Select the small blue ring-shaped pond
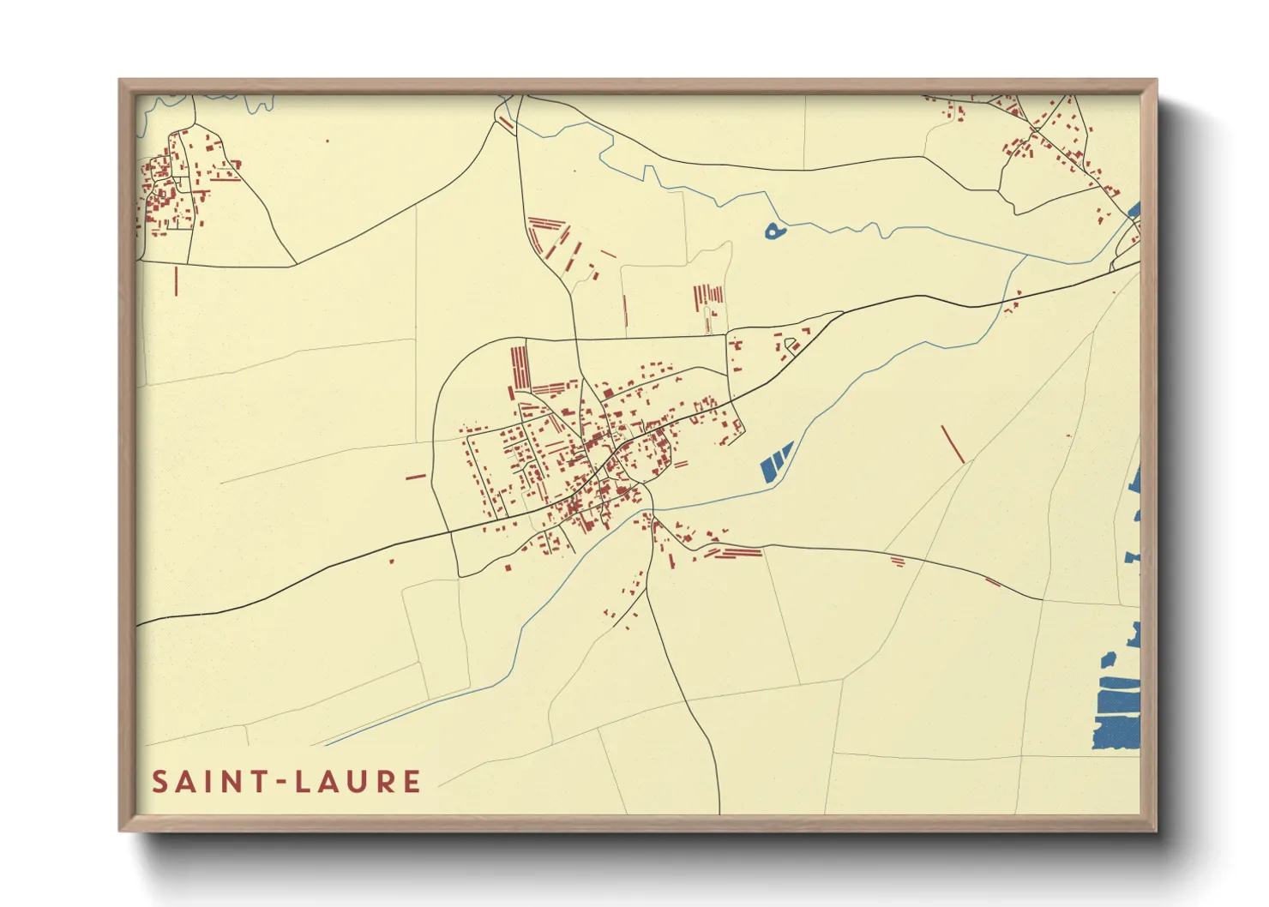pyautogui.click(x=774, y=231)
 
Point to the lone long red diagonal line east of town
pyautogui.click(x=952, y=444)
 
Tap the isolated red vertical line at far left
pyautogui.click(x=176, y=281)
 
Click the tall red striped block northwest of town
pyautogui.click(x=520, y=367)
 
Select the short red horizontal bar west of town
pyautogui.click(x=416, y=476)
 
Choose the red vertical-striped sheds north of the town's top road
pyautogui.click(x=708, y=295)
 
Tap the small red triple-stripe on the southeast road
pyautogui.click(x=898, y=562)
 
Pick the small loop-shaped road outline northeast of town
pyautogui.click(x=791, y=345)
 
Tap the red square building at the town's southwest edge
pyautogui.click(x=506, y=566)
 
